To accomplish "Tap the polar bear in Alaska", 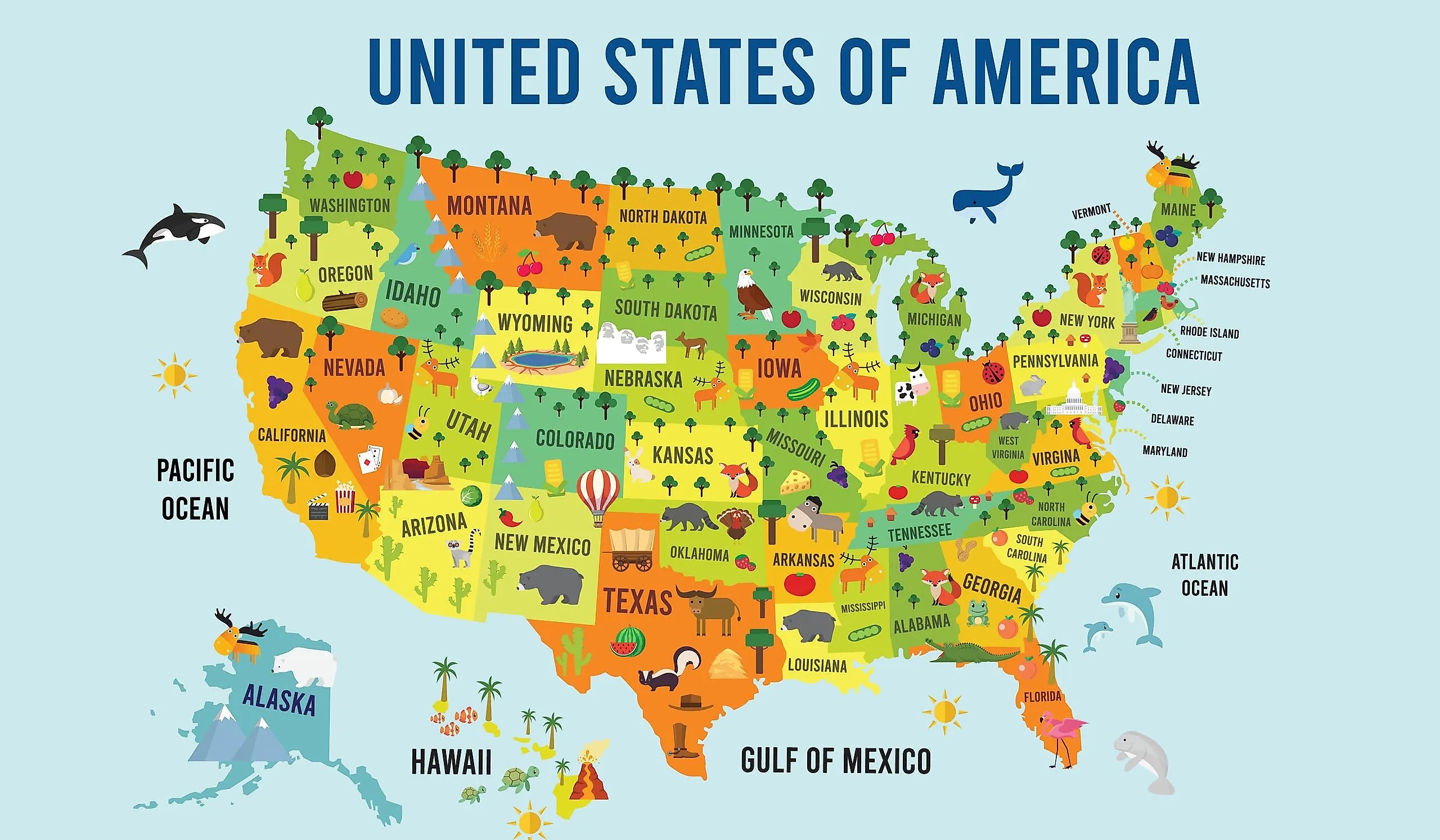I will click(x=303, y=666).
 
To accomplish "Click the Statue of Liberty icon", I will click(x=1129, y=312).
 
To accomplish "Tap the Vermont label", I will click(x=1091, y=212).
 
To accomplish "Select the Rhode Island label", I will click(x=1209, y=333).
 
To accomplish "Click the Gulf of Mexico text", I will click(x=835, y=761).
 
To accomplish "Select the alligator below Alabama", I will click(x=971, y=652).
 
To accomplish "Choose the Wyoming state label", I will click(x=535, y=323).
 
